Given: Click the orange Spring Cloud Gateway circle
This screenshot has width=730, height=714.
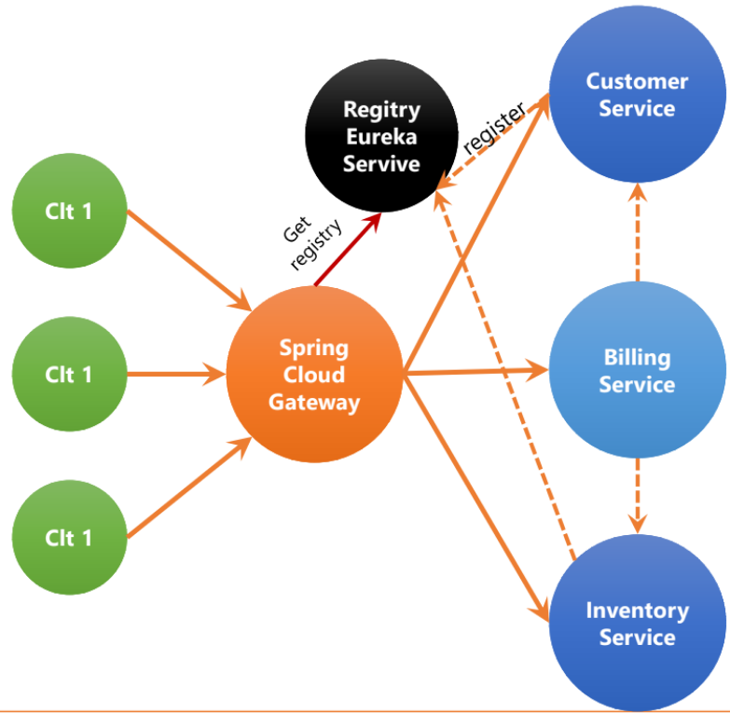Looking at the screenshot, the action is [314, 374].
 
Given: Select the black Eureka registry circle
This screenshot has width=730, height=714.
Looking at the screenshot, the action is [381, 135].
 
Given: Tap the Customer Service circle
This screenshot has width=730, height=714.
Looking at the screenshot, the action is [638, 94].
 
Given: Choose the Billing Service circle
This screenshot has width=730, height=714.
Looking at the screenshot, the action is [638, 369].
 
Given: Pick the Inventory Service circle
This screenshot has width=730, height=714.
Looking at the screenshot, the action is [638, 623].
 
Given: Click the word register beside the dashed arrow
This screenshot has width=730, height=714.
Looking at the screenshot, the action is [495, 128].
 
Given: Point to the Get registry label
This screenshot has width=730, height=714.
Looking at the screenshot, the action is [312, 242].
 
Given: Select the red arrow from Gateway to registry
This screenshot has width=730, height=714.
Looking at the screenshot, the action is [348, 249].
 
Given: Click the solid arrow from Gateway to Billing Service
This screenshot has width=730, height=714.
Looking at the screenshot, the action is [475, 371].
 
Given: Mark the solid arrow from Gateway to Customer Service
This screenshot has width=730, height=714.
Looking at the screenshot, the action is [476, 233].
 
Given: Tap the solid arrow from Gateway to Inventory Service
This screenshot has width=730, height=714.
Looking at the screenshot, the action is [476, 498].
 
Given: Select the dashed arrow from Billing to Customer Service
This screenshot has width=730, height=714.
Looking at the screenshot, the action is [638, 232].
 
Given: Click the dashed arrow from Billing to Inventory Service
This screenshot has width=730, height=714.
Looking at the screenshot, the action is [638, 496].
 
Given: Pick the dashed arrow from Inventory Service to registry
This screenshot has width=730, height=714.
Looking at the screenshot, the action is [504, 375].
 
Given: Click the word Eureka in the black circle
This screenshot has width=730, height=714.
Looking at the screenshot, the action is [381, 136].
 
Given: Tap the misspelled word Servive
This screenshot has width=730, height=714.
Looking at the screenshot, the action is [381, 163].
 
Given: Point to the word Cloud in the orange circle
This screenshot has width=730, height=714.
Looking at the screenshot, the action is [314, 374].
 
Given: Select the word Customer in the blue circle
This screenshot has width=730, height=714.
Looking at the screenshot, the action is [637, 81].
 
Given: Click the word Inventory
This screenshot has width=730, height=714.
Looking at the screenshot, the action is [638, 611].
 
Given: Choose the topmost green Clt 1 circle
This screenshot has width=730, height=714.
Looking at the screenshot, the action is [69, 211].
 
